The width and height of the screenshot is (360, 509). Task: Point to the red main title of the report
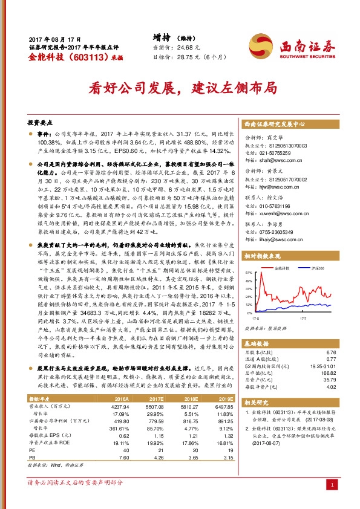(x=180, y=86)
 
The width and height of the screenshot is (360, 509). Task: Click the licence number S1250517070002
(x=284, y=180)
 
